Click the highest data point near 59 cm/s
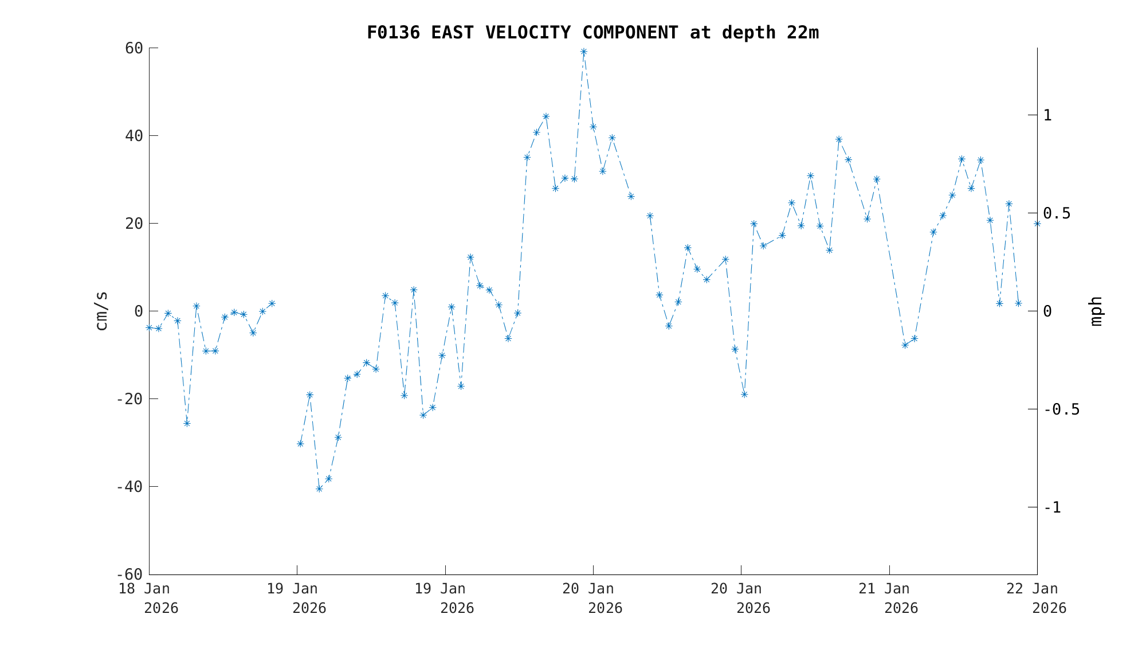point(583,52)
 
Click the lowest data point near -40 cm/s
point(319,488)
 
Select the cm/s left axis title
point(101,311)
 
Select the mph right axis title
point(1096,311)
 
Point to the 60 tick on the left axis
point(134,48)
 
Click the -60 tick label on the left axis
point(129,574)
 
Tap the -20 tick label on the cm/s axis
point(129,398)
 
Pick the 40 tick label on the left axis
point(134,136)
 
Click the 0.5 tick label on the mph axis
point(1057,213)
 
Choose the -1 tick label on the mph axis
point(1052,507)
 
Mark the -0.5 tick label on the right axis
point(1061,409)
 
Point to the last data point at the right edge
point(1037,224)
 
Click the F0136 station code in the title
point(393,33)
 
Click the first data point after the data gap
point(300,444)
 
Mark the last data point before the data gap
point(272,303)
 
